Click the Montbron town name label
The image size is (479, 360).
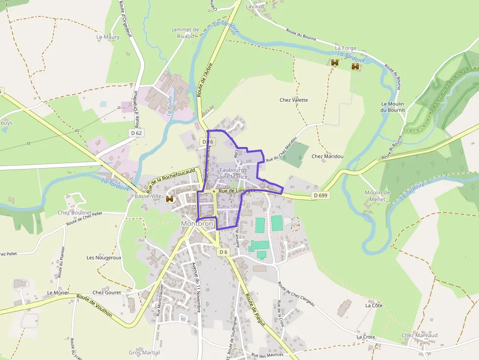tap(197, 224)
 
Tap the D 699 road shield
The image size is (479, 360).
tap(320, 195)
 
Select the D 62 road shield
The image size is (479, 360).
tap(137, 133)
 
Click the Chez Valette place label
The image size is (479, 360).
tap(294, 100)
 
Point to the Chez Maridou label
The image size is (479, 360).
tap(327, 156)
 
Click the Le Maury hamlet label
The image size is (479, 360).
tap(108, 37)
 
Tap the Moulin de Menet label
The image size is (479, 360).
tap(377, 196)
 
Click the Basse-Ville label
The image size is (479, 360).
tap(148, 196)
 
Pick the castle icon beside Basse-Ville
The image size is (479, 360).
tap(170, 199)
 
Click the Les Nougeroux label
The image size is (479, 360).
tap(104, 257)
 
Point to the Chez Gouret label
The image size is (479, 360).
tap(106, 293)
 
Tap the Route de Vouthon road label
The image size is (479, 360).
tap(94, 306)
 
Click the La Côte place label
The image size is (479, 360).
tap(374, 305)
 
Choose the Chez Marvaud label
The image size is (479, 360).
tap(419, 335)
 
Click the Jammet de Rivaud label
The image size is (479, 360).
tap(185, 32)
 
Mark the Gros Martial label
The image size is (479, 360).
tap(144, 353)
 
